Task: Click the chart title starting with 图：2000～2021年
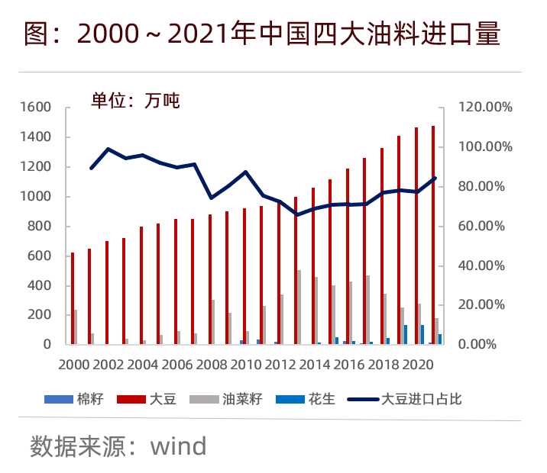coord(262,34)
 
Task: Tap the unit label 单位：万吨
coord(135,100)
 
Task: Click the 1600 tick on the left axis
coord(36,108)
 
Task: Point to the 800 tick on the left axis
coord(40,227)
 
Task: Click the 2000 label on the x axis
coord(73,364)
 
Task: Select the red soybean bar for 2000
coord(73,298)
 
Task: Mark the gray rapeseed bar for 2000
coord(76,327)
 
